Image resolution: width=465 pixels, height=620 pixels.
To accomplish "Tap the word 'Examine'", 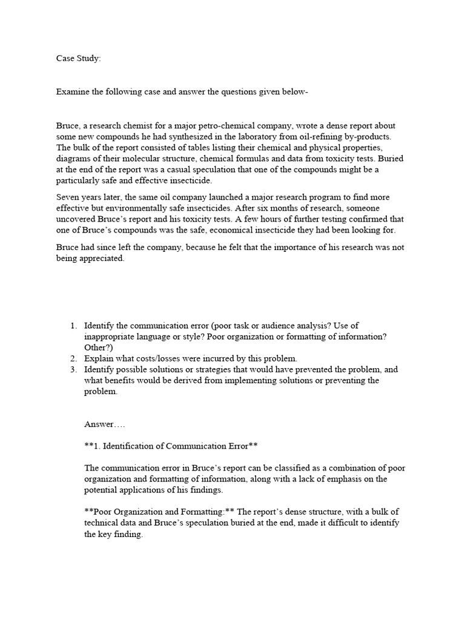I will point(74,92).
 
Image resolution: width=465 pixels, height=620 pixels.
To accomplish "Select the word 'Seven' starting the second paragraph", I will point(68,197).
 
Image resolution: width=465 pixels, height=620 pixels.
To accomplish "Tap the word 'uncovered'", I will point(76,219).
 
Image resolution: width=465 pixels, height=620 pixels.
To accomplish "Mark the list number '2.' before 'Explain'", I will point(74,358).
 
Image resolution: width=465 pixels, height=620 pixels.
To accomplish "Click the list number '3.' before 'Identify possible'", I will point(74,369).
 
